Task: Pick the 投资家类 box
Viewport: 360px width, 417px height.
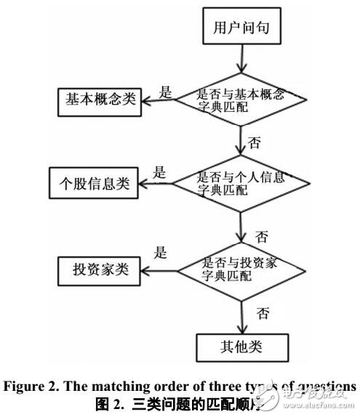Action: pyautogui.click(x=94, y=270)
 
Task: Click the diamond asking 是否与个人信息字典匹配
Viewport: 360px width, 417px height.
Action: pyautogui.click(x=240, y=183)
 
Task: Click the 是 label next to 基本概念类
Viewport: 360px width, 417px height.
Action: pyautogui.click(x=166, y=92)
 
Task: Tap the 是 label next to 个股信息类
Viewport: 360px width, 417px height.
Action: pyautogui.click(x=159, y=173)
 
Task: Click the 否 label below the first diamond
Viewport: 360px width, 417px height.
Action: pyautogui.click(x=255, y=143)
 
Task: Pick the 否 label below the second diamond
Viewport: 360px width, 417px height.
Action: pyautogui.click(x=261, y=237)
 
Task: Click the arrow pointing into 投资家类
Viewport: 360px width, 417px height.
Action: pyautogui.click(x=160, y=270)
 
